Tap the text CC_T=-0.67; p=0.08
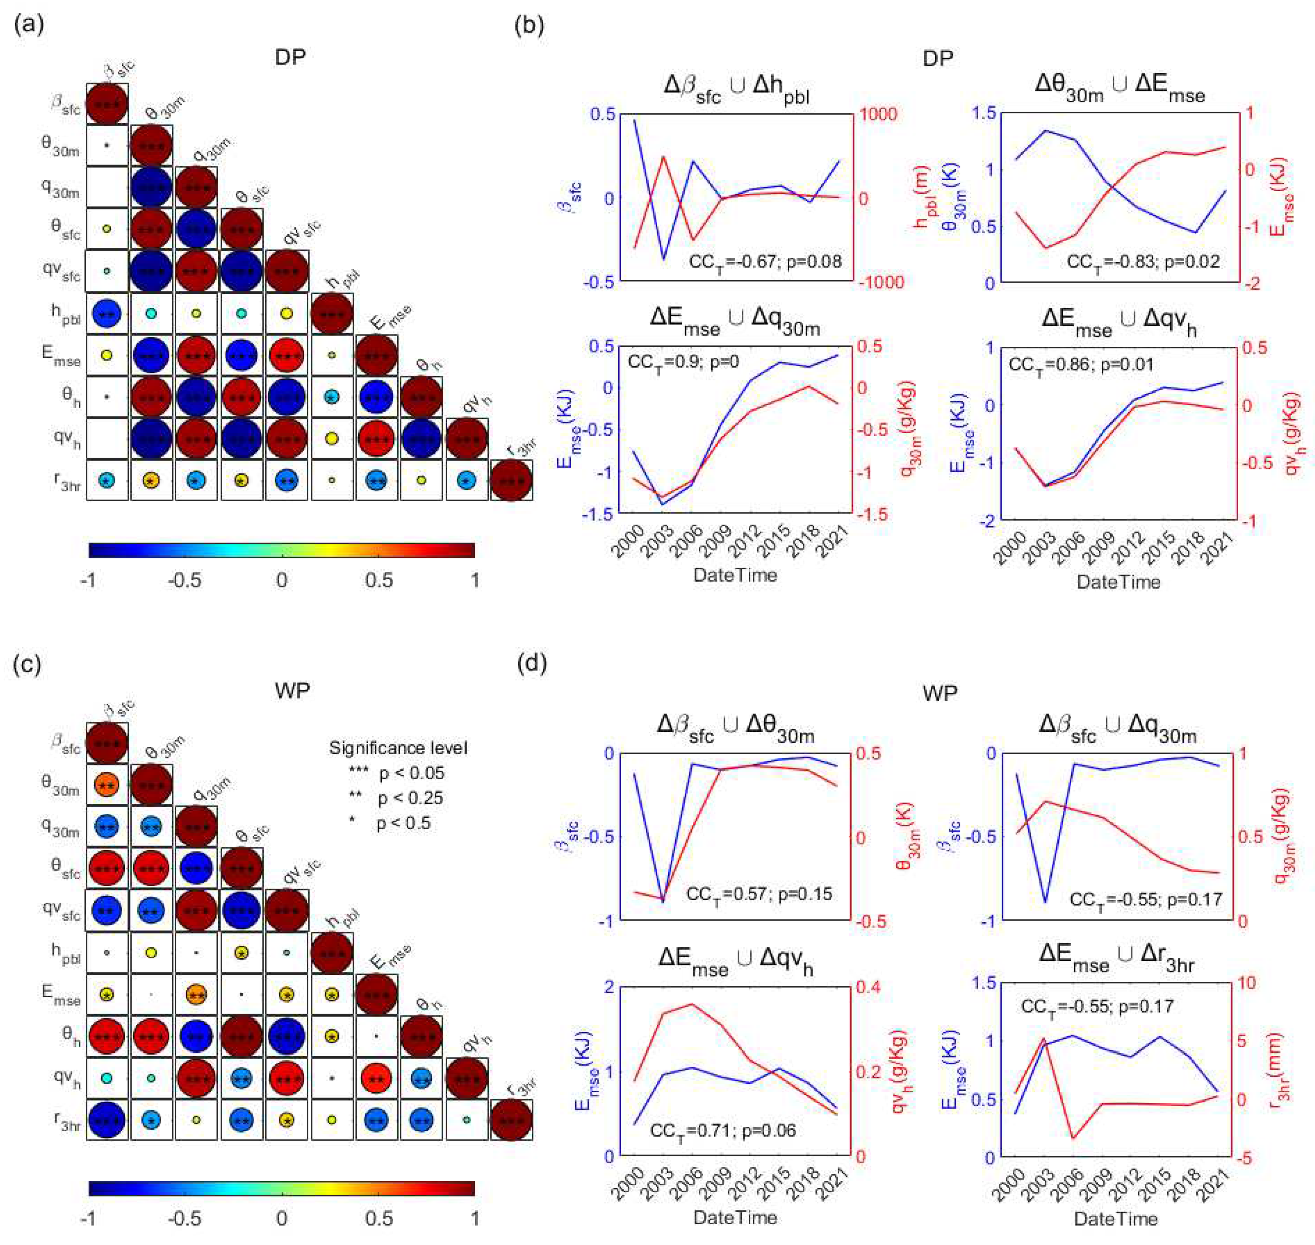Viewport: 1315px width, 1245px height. click(765, 262)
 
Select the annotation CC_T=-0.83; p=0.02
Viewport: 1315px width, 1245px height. click(1143, 262)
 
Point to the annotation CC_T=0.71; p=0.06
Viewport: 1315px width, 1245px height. click(722, 1130)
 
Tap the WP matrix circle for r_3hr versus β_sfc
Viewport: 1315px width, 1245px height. click(107, 1120)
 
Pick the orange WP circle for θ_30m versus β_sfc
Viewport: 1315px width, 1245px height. click(107, 785)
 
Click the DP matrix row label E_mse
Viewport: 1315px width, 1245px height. click(61, 355)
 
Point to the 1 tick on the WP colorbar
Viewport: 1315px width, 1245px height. click(474, 1219)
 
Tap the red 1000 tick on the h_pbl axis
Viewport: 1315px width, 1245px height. click(878, 114)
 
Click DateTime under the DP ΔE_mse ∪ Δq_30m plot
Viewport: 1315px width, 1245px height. click(735, 575)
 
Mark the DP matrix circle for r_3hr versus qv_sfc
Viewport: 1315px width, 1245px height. click(287, 480)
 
